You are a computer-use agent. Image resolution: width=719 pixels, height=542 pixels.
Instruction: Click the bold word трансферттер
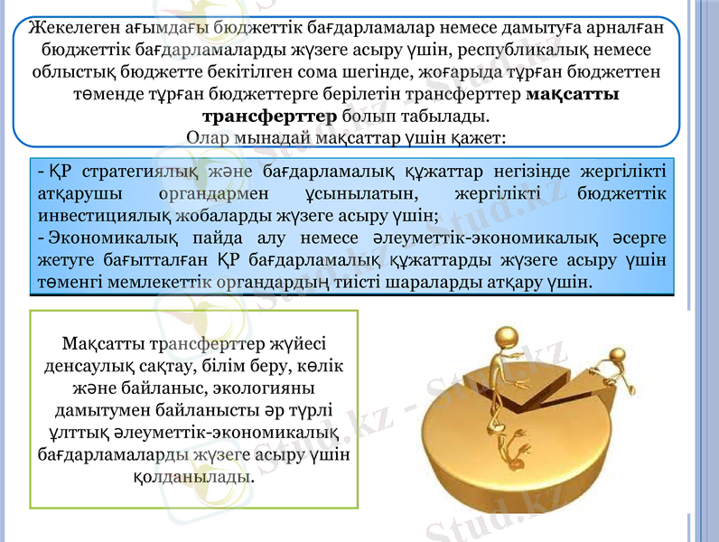coord(271,117)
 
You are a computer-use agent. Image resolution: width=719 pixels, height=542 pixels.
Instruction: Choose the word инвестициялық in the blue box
coord(98,215)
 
